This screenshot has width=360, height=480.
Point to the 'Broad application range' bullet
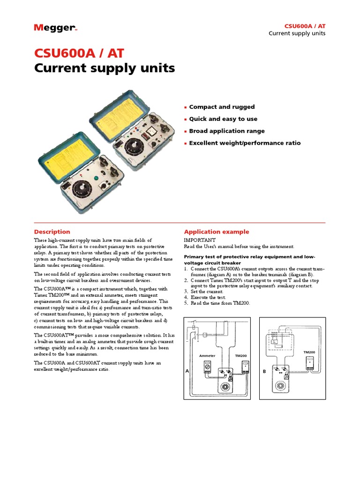click(227, 131)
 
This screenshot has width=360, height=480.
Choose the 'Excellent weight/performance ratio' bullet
click(245, 143)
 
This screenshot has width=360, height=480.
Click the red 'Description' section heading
click(52, 232)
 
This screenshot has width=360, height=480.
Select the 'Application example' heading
click(217, 232)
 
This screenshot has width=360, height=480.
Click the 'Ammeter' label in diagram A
click(207, 356)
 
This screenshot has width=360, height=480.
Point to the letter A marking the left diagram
click(187, 371)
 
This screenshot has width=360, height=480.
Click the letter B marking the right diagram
click(264, 371)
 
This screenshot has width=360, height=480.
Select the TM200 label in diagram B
click(309, 352)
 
